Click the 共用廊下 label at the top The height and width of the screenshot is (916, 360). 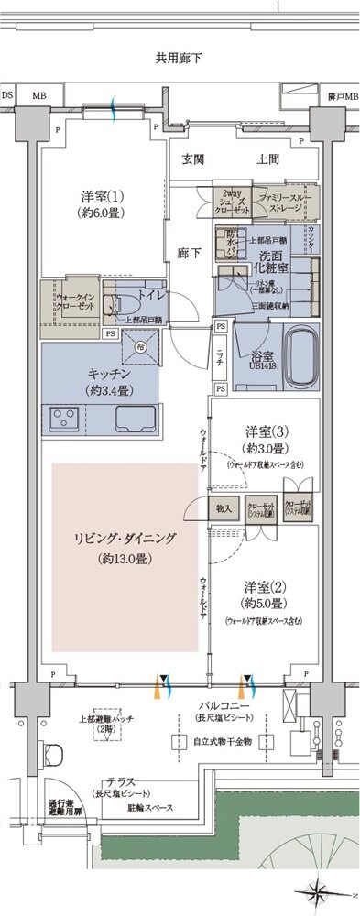coord(179,59)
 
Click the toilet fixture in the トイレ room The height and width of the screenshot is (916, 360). coord(114,307)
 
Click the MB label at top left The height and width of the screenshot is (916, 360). coord(38,94)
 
